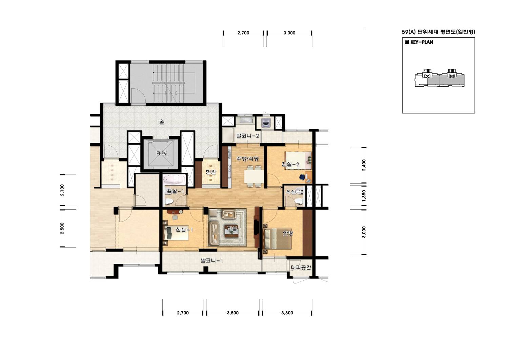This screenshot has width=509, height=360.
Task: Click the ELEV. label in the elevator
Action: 162,154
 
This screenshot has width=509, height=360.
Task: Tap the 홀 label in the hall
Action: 161,122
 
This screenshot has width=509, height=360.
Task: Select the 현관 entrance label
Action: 211,172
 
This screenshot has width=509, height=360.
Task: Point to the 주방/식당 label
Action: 247,158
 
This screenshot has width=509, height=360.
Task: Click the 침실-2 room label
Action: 290,164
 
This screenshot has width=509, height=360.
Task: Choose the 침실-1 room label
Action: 184,230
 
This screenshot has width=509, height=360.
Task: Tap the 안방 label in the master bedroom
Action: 288,233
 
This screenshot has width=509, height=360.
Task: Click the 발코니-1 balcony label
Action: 212,261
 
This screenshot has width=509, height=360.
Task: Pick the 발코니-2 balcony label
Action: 248,136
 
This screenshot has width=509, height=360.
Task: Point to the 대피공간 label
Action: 301,268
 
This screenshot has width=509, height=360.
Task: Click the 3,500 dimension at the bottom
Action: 233,313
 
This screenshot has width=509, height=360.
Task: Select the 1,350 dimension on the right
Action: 364,196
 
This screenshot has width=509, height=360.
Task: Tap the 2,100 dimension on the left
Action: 62,190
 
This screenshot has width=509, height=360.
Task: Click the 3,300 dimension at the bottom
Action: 287,313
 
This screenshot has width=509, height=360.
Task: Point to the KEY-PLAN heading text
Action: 422,42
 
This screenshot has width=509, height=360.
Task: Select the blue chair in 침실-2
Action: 302,177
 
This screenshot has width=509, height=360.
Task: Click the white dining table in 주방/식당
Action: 254,176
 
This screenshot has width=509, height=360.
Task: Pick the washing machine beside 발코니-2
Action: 265,123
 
